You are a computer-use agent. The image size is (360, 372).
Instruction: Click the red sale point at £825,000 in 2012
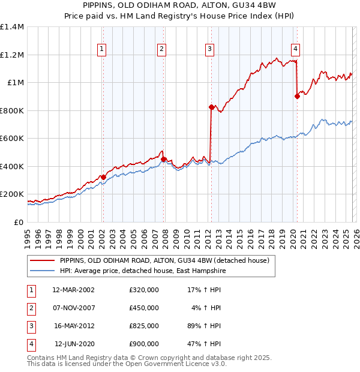(211, 107)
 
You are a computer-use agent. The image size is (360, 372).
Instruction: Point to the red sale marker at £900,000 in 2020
(297, 96)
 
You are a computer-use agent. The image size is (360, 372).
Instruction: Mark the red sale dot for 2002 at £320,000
(103, 177)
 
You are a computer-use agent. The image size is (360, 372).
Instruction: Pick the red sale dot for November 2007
(163, 159)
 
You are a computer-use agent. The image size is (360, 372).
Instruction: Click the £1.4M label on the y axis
(12, 27)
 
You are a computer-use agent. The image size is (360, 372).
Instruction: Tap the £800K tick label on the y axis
(12, 110)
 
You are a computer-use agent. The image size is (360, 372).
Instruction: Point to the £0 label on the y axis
(18, 222)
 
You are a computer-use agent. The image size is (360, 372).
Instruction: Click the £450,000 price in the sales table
(143, 308)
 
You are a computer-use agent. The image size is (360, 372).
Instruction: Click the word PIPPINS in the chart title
(100, 7)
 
